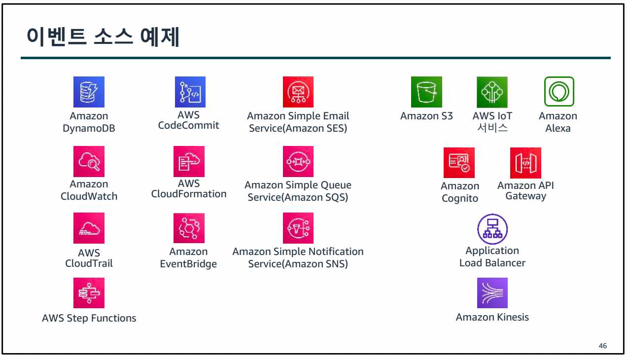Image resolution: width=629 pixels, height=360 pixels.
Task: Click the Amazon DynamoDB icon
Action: [89, 92]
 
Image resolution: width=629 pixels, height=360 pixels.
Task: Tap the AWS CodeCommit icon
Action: [190, 92]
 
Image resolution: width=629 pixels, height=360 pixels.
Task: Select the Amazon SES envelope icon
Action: [298, 92]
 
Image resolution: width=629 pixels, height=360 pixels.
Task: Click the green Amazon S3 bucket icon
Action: [426, 92]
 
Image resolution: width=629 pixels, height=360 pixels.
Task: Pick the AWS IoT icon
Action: [492, 92]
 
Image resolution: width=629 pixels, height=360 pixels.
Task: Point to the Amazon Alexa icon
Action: [559, 91]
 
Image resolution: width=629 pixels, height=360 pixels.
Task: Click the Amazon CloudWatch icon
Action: [89, 162]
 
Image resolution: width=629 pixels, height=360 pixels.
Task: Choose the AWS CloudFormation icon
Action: [189, 161]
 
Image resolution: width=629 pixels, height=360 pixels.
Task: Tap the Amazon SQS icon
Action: [298, 161]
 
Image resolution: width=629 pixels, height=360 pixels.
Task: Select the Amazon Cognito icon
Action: [459, 163]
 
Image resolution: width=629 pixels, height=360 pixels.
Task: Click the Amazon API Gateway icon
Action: [525, 163]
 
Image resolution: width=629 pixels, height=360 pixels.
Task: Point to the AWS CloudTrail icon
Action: [89, 228]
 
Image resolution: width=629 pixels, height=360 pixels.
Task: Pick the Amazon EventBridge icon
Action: [189, 228]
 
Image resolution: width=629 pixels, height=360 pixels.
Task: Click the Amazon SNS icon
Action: [298, 228]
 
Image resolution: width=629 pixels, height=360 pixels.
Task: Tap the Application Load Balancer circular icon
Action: [492, 229]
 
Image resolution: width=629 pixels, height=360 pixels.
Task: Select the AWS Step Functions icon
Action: [89, 293]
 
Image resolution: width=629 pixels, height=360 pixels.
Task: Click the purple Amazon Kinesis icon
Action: [492, 293]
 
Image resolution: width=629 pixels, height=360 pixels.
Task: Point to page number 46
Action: [602, 346]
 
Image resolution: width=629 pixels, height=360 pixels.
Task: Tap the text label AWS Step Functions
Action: [89, 318]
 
